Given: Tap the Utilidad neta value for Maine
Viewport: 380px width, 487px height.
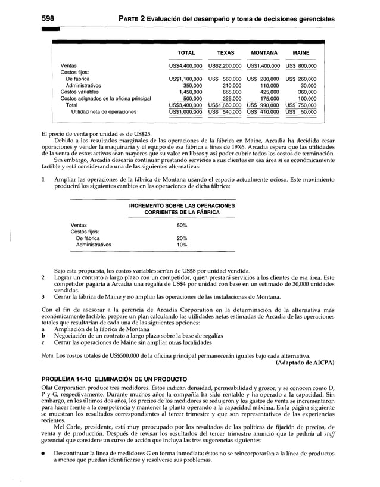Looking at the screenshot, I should pos(301,111).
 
